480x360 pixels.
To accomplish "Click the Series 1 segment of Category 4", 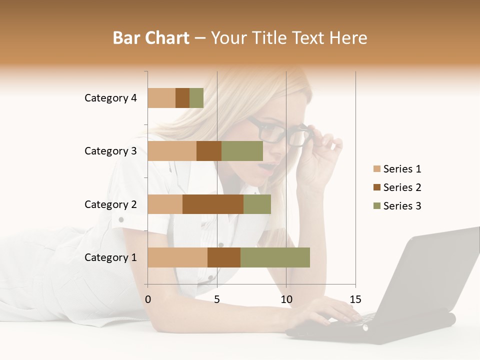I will [161, 98].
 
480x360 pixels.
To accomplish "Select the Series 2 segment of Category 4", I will [182, 98].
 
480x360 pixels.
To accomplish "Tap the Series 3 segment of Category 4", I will [196, 98].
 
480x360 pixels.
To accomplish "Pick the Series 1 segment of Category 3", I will [172, 151].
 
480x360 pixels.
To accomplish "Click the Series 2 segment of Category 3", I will [209, 151].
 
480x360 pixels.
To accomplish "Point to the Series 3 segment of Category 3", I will [242, 151].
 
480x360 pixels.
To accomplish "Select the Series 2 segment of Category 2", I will [213, 204].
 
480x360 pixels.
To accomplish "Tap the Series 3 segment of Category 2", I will [257, 204].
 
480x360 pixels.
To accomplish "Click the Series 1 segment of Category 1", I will [177, 257].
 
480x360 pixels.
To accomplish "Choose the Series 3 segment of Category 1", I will [275, 257].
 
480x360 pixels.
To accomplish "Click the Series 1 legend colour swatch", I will [376, 169].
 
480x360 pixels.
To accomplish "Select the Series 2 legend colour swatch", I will [376, 187].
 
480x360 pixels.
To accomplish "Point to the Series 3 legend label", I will [402, 206].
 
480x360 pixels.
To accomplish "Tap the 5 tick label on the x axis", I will [217, 299].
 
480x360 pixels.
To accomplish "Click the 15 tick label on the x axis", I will [355, 299].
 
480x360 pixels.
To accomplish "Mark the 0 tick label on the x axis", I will [148, 299].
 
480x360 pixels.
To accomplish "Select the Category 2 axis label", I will [110, 204].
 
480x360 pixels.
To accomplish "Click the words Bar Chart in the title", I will [151, 37].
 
